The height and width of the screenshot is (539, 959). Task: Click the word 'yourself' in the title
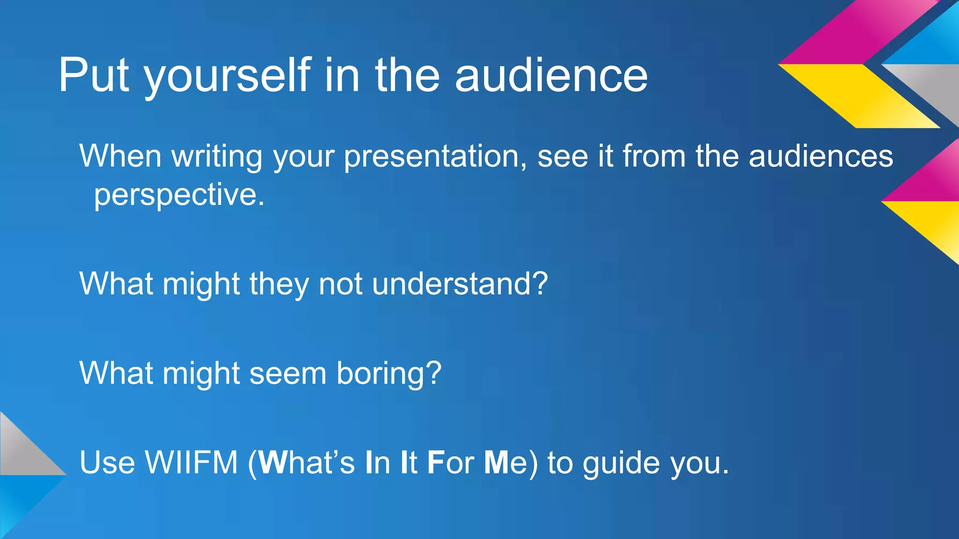[x=227, y=76]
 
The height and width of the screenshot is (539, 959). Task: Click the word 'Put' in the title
[x=94, y=76]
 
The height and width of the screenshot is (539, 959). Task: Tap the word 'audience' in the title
[x=551, y=76]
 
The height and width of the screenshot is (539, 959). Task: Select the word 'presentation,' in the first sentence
[x=435, y=157]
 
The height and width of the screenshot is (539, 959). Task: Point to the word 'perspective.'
[x=179, y=195]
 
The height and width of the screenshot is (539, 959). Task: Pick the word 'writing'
[x=217, y=157]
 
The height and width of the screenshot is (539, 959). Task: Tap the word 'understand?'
[x=460, y=284]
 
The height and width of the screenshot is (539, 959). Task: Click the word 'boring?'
[x=389, y=373]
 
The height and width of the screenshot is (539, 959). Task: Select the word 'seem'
[x=288, y=373]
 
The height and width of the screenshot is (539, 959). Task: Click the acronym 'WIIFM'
[x=192, y=462]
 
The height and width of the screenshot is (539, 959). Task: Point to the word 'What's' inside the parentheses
[x=307, y=462]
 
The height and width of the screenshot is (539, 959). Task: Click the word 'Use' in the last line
[x=107, y=462]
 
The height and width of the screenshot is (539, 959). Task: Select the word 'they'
[x=279, y=284]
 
